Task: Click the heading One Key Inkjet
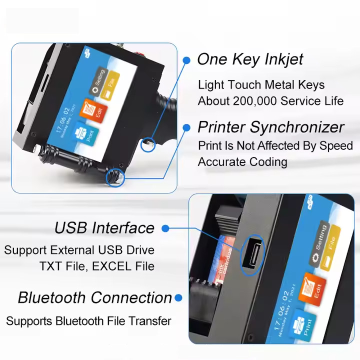(250, 59)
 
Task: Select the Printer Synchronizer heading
(271, 127)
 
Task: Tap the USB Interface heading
(104, 228)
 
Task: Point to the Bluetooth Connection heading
(95, 298)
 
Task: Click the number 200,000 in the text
(254, 101)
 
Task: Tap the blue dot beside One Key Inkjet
(186, 60)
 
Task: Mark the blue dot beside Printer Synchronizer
(186, 127)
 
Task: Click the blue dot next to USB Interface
(166, 228)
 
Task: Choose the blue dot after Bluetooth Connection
(178, 298)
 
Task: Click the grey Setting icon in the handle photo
(96, 81)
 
